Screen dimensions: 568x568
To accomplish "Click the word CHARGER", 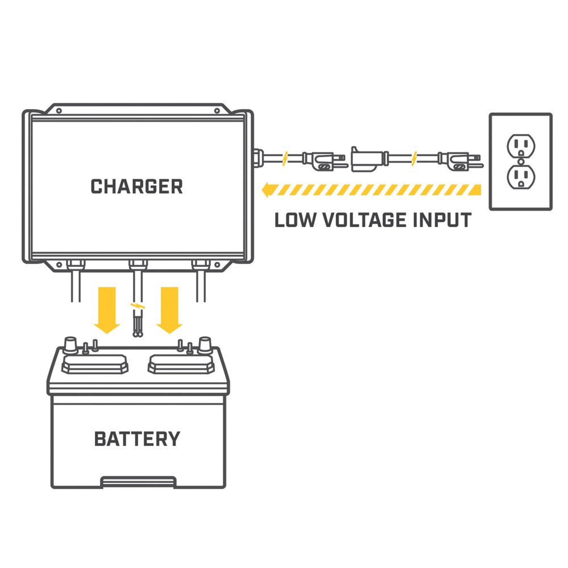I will [137, 186].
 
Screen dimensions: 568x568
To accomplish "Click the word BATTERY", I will [137, 438].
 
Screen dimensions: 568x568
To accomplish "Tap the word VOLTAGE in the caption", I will [364, 220].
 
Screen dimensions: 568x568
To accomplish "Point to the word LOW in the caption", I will [294, 220].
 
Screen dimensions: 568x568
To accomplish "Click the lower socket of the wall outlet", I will [520, 177].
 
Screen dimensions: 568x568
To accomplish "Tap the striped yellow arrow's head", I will [267, 190].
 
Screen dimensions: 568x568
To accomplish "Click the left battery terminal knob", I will [72, 344].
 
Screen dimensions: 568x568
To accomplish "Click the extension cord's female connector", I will [366, 158].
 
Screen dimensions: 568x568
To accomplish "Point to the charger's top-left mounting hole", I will [59, 111].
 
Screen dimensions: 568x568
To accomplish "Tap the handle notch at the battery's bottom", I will [137, 482].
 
